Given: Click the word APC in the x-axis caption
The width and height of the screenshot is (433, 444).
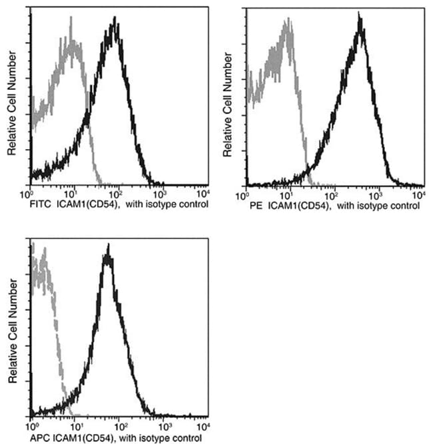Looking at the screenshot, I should (x=42, y=439).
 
